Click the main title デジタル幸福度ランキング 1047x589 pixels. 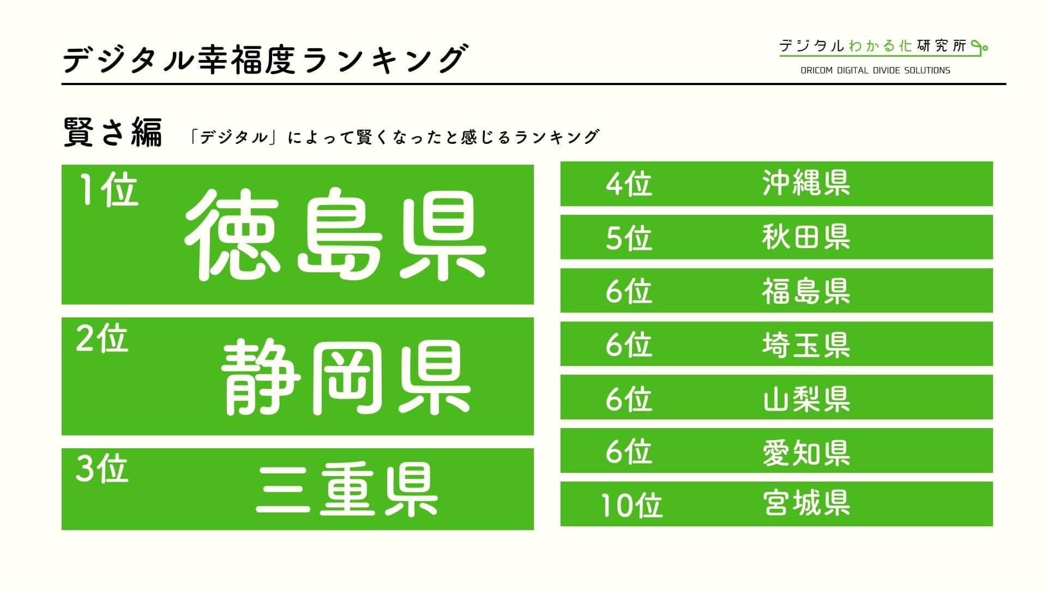tap(266, 59)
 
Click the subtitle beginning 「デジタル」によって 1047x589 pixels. tap(393, 136)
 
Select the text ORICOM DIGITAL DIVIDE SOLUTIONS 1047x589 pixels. tap(875, 70)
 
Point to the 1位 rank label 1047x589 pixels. tap(109, 190)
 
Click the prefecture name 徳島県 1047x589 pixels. tap(335, 235)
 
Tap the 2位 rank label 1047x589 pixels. tap(102, 339)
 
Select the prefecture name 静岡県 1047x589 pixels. tap(346, 377)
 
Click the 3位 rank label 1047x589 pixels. tap(102, 469)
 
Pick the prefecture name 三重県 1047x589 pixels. tap(347, 490)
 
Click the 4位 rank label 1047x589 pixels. tap(629, 184)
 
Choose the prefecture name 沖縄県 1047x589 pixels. tap(806, 183)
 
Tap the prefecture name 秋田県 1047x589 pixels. tap(806, 237)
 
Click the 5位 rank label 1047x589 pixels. tap(629, 238)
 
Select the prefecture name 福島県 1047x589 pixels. tap(806, 291)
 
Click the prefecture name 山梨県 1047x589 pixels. tap(806, 398)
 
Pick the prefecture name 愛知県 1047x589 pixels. tap(806, 452)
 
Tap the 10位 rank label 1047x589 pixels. tap(631, 505)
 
